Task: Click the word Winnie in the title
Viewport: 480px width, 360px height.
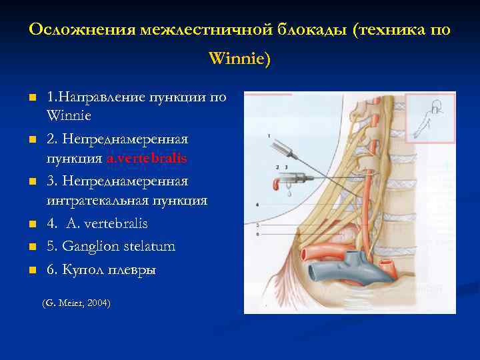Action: coord(239,59)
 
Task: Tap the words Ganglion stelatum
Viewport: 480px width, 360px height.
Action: coord(120,246)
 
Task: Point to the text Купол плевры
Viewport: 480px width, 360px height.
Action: coord(110,270)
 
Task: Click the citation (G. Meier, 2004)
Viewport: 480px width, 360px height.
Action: coord(76,303)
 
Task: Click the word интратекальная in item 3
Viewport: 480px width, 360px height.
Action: coord(89,200)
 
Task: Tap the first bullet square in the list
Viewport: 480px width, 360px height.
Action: coord(31,99)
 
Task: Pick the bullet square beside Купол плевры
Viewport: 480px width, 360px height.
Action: coord(31,271)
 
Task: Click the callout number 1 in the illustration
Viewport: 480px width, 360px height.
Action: coord(268,136)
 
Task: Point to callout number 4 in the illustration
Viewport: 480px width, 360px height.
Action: coord(257,203)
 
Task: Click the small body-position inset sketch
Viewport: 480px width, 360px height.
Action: coord(429,117)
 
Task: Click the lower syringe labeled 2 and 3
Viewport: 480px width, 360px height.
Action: coord(293,178)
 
